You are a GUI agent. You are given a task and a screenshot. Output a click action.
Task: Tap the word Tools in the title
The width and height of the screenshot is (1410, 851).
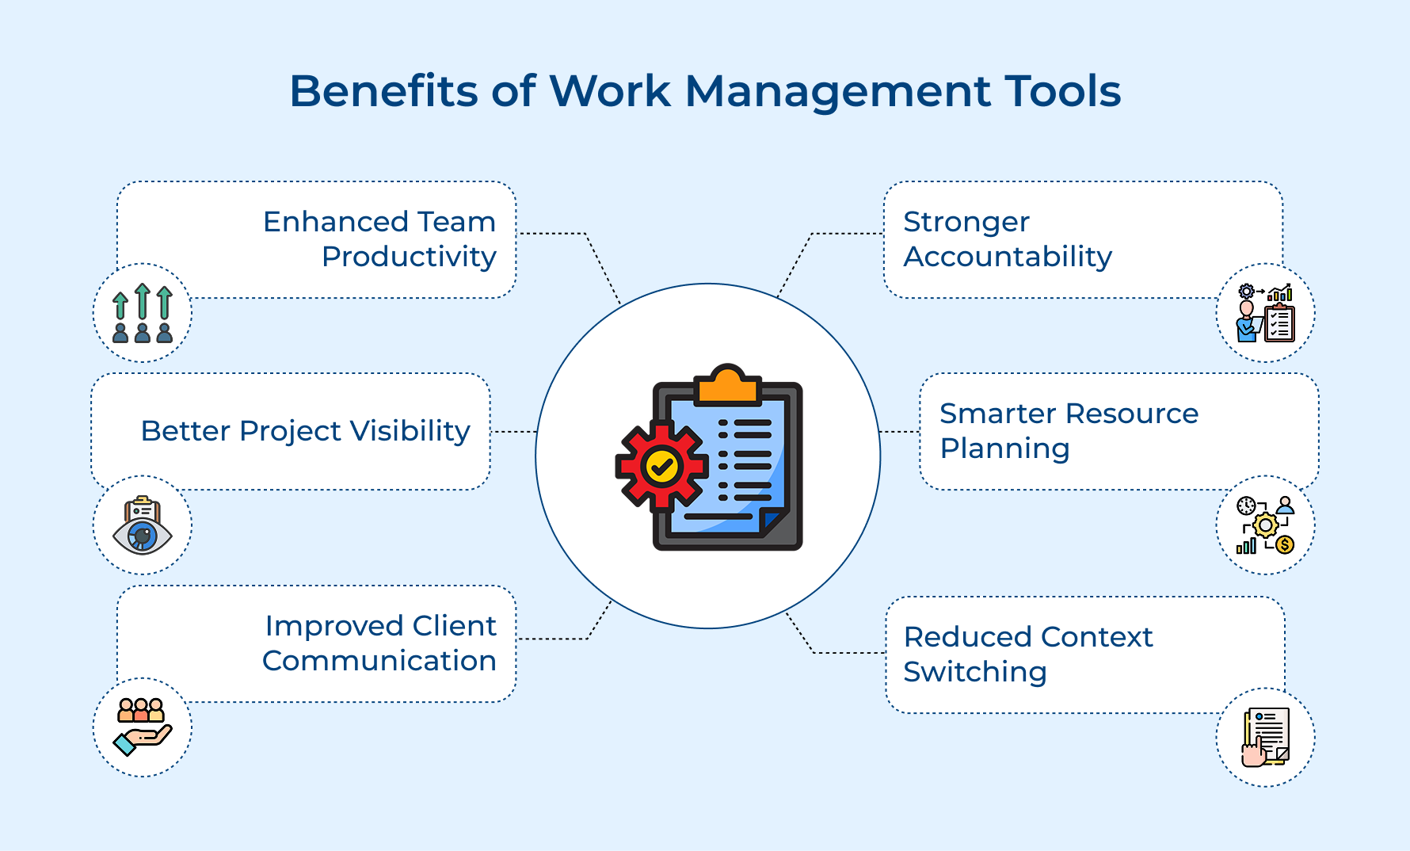click(1062, 91)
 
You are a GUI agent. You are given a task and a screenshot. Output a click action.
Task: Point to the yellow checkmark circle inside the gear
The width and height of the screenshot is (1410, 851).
click(661, 467)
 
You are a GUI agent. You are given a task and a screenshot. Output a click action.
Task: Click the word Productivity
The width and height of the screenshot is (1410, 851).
click(409, 257)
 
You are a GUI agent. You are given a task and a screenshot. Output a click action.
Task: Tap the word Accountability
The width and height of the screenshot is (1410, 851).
click(1008, 257)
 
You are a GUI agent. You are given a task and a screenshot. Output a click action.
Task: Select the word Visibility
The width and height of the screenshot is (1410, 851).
click(410, 431)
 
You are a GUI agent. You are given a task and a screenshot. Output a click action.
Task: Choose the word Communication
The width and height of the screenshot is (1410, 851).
click(379, 661)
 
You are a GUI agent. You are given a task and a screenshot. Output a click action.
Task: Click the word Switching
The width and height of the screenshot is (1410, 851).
click(975, 672)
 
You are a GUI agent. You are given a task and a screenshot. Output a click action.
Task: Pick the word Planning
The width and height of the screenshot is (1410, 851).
click(1004, 448)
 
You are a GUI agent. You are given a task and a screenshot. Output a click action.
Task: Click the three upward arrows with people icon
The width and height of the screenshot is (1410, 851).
click(143, 313)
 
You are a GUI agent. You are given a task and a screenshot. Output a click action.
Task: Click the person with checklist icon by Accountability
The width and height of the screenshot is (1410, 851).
click(1265, 314)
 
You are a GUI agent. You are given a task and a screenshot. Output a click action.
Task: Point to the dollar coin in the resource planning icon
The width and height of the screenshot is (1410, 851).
click(1285, 544)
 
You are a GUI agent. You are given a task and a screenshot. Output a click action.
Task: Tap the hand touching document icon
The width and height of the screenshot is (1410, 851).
click(1265, 738)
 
